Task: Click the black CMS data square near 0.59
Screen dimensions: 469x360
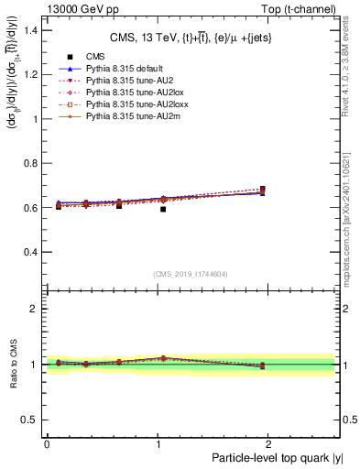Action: click(x=163, y=210)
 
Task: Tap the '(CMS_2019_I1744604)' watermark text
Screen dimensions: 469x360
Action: click(x=191, y=274)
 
